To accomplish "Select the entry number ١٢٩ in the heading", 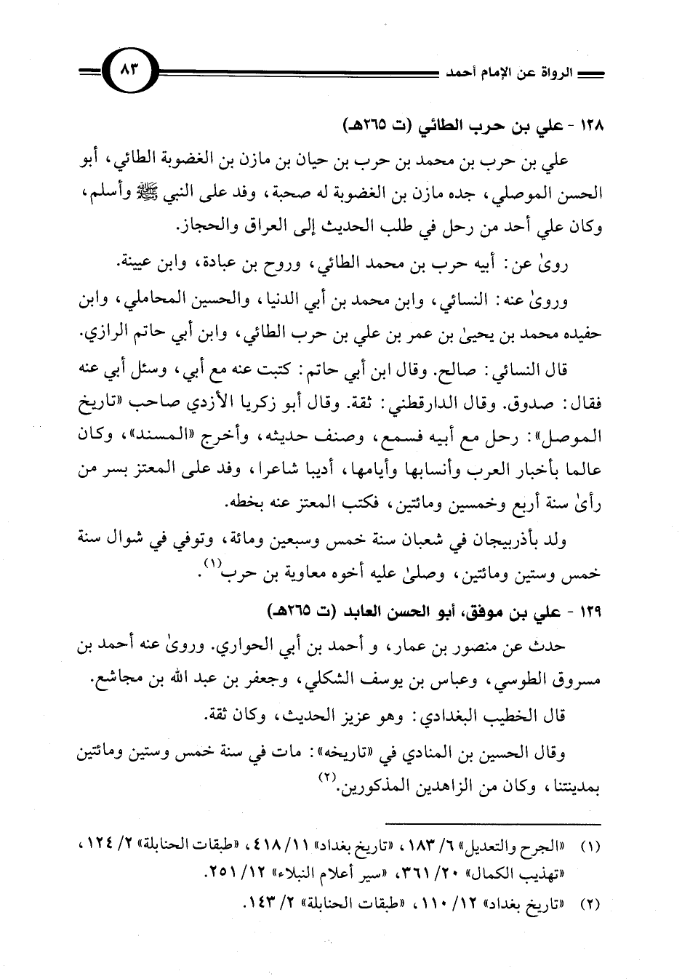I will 593,607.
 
